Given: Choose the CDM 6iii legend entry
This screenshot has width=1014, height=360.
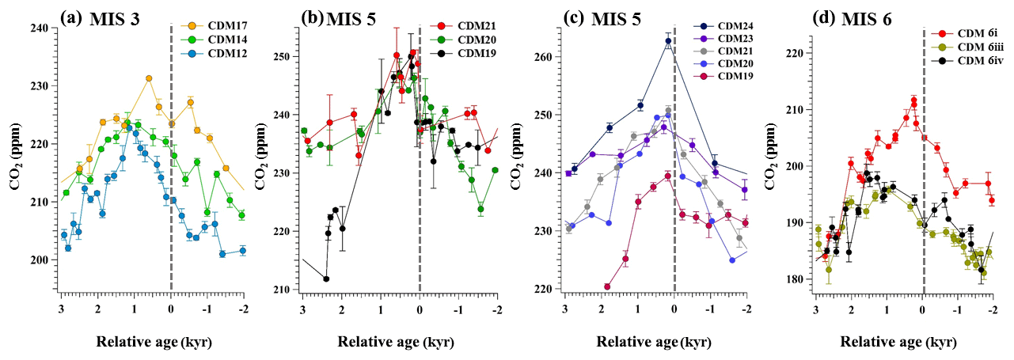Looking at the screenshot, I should (961, 47).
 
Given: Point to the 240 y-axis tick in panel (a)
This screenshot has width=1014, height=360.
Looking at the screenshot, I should (40, 28).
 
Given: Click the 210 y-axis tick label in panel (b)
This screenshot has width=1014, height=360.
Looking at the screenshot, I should (281, 290).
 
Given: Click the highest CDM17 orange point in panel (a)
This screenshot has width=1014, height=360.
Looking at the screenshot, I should (148, 78).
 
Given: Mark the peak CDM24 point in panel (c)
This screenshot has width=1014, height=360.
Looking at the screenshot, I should (667, 41).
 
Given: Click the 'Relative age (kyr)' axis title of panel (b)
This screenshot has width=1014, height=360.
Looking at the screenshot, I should (400, 342).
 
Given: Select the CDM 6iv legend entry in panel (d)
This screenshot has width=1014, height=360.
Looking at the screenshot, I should (961, 59).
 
